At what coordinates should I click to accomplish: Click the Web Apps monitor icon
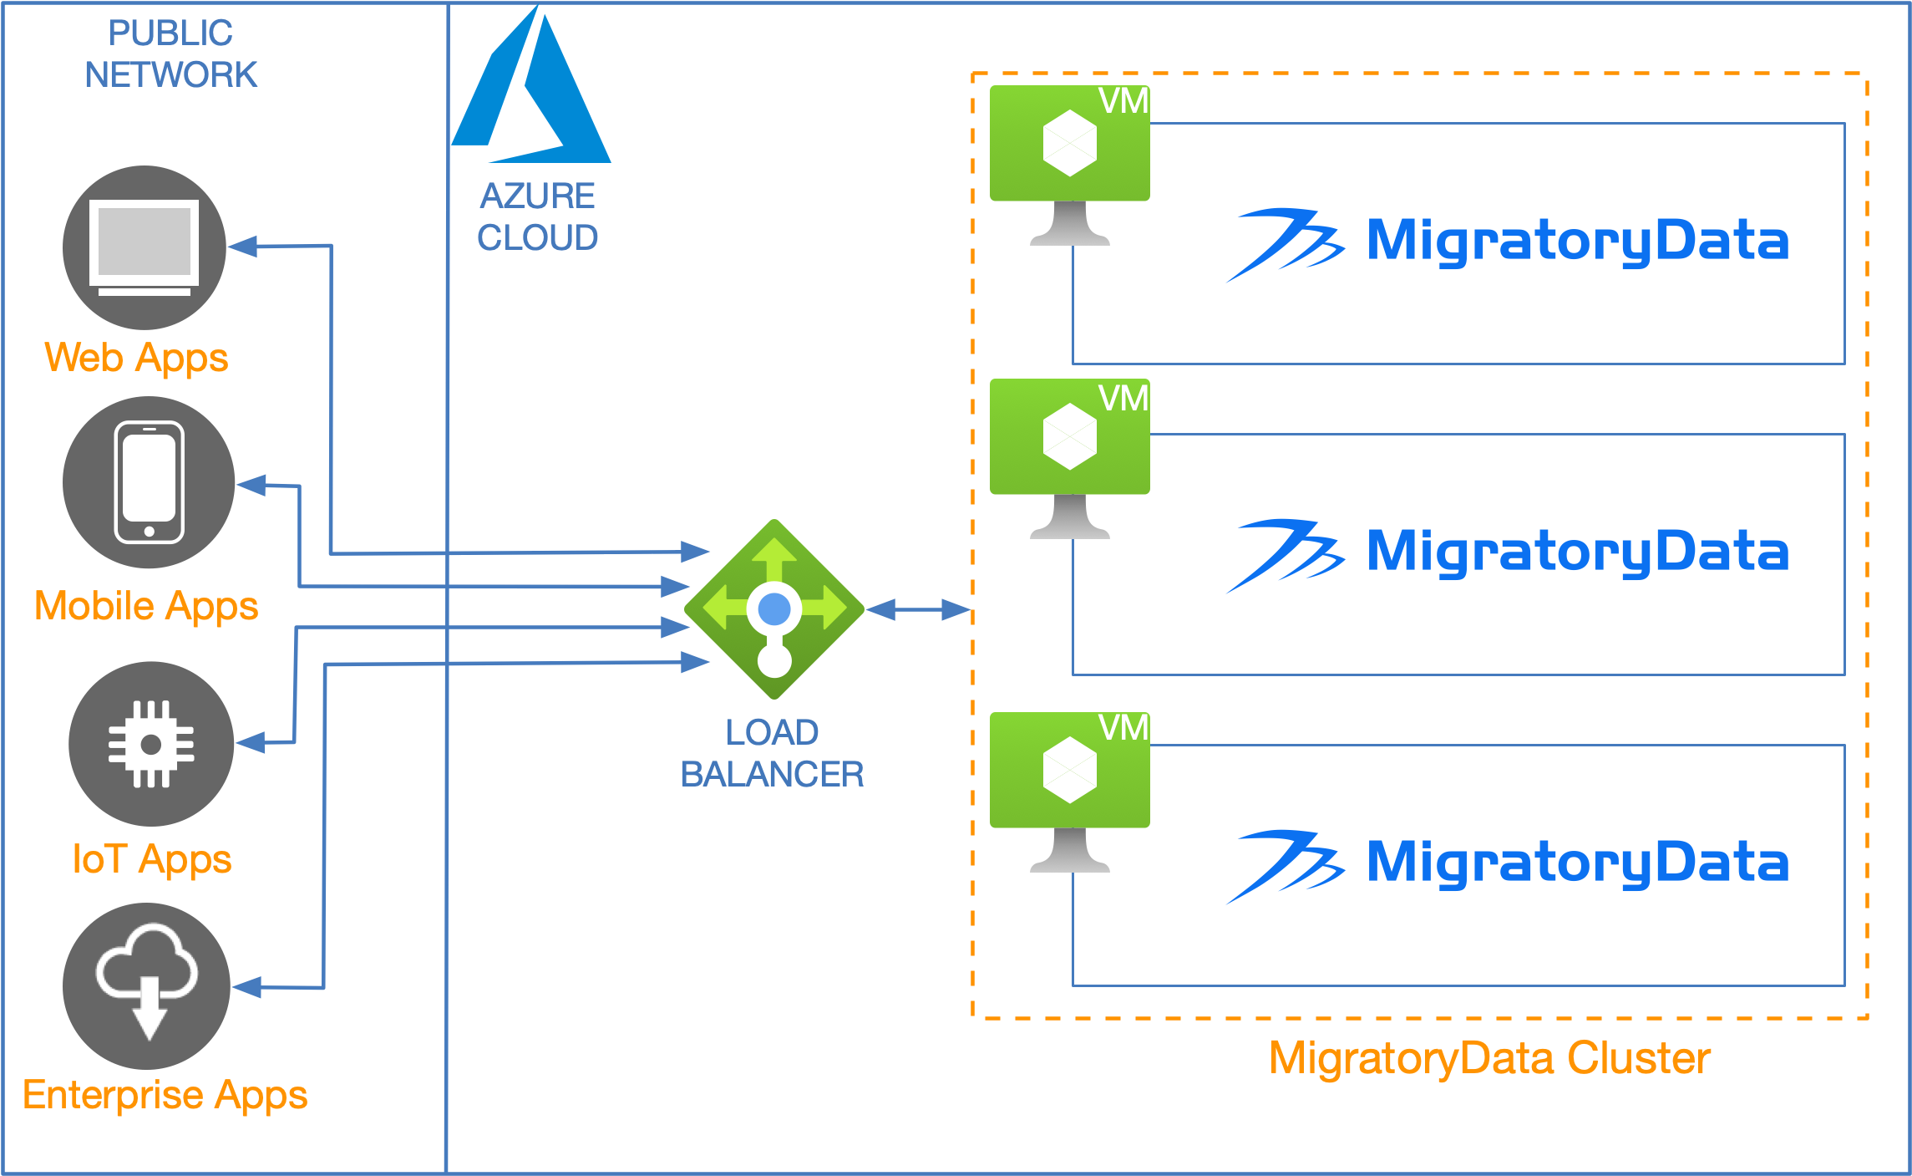point(145,247)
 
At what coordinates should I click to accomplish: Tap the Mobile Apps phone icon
point(149,482)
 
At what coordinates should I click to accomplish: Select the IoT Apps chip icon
point(151,744)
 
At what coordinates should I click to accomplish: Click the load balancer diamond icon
point(774,609)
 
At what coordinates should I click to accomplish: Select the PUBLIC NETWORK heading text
point(170,54)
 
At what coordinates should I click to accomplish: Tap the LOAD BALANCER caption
point(772,753)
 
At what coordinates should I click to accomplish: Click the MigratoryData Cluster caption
point(1490,1058)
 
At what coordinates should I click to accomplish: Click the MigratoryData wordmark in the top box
point(1578,241)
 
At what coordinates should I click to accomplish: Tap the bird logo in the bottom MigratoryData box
point(1284,866)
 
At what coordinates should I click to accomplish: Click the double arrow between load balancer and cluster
point(919,610)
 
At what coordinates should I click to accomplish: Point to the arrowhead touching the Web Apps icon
point(242,247)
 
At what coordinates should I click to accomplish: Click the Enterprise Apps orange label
point(165,1095)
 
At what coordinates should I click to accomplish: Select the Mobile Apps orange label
point(146,606)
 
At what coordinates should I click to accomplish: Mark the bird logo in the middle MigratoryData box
point(1284,554)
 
